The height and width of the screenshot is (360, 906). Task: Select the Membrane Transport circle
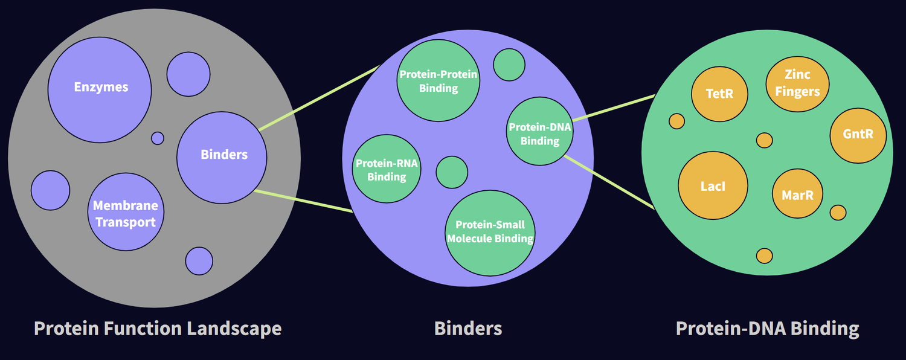(126, 213)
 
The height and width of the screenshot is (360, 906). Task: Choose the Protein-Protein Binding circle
(438, 81)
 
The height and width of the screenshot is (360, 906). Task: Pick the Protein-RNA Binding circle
(387, 169)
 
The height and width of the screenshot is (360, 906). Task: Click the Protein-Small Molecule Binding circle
(490, 233)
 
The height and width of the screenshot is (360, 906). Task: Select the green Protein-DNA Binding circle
(539, 133)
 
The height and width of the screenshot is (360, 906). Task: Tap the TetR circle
(719, 94)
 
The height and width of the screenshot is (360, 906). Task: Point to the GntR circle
(858, 134)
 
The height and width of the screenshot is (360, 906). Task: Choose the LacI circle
(713, 186)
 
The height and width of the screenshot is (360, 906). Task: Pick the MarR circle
(797, 194)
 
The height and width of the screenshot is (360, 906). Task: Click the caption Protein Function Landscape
(158, 329)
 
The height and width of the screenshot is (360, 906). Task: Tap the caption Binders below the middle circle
(468, 329)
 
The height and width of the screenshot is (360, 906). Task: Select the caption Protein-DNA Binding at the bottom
(767, 329)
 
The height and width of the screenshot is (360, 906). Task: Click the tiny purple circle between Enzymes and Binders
(158, 138)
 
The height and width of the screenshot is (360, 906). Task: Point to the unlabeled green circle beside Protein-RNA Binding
(452, 172)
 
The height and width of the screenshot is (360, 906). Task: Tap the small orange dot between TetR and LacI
(676, 121)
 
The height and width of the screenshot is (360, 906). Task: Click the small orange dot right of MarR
(838, 213)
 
